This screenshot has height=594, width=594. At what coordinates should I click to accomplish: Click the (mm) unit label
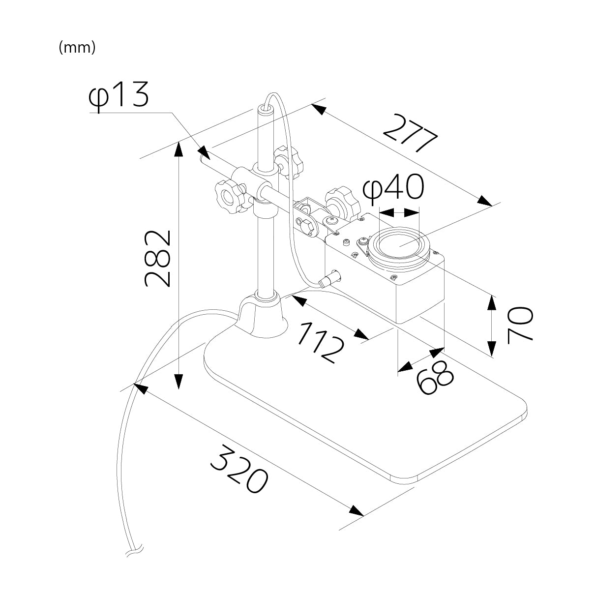tap(77, 48)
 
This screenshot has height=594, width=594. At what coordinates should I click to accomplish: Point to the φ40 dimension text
tap(393, 189)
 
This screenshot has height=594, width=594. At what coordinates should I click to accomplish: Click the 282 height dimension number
tap(158, 258)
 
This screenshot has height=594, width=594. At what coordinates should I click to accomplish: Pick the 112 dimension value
tap(320, 342)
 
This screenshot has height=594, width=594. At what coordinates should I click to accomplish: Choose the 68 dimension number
tap(434, 378)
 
